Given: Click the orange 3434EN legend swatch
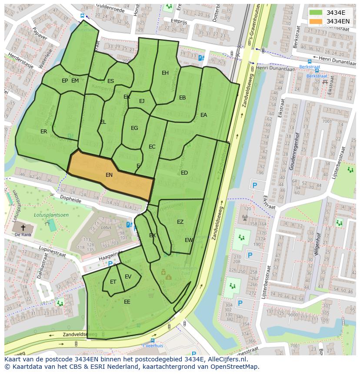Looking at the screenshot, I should pos(316,21).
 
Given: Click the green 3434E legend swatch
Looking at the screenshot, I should pos(316,13).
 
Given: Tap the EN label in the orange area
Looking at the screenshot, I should pos(109,175).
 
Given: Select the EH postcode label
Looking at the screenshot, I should pos(165,73).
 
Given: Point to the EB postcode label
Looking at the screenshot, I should pos(183,98).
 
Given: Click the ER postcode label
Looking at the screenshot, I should pos(44,132).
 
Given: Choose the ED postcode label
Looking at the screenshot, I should pos(184,173).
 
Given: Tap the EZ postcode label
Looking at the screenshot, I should pos(180,222).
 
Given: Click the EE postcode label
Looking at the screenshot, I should pos(127,301).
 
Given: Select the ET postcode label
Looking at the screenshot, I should pos(113,282).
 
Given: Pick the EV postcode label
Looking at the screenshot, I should pos(128,277).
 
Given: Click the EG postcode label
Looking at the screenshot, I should pos(134,128).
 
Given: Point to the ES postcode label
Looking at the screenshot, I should pos(110,81).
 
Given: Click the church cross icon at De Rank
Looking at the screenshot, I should pos(23,227).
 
